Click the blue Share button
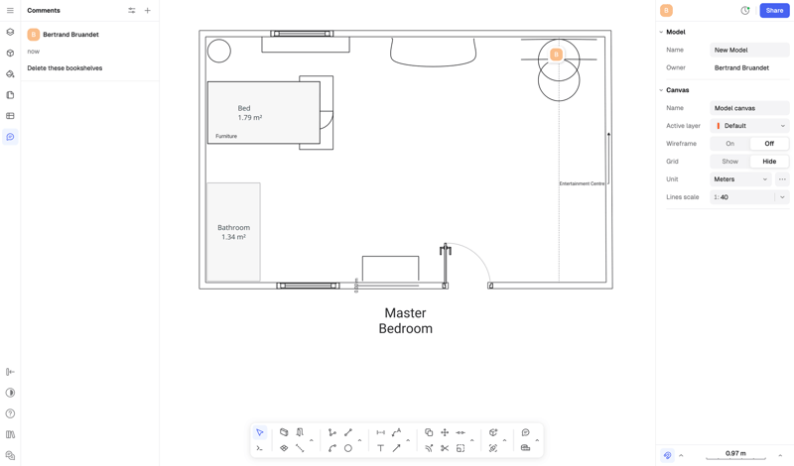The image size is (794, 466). click(x=774, y=11)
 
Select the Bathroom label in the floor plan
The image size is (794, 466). click(x=233, y=228)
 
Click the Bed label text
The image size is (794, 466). click(x=244, y=108)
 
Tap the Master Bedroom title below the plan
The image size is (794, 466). click(x=405, y=320)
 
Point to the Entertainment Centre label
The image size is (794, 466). click(x=582, y=183)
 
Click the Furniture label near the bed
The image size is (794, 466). click(x=226, y=136)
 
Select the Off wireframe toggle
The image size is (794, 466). click(x=769, y=144)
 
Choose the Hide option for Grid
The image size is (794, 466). click(x=769, y=162)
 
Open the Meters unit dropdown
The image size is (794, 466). click(x=740, y=179)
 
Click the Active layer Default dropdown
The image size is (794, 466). click(x=749, y=126)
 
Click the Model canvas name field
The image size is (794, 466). click(x=749, y=108)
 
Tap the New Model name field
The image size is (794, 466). click(x=749, y=50)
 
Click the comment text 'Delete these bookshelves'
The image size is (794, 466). click(x=65, y=68)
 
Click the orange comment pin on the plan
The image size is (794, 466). click(x=557, y=55)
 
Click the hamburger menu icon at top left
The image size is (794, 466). click(x=10, y=11)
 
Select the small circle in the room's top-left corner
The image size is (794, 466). click(x=219, y=51)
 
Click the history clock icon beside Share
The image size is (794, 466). click(x=745, y=11)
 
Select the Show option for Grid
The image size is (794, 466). click(x=729, y=162)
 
